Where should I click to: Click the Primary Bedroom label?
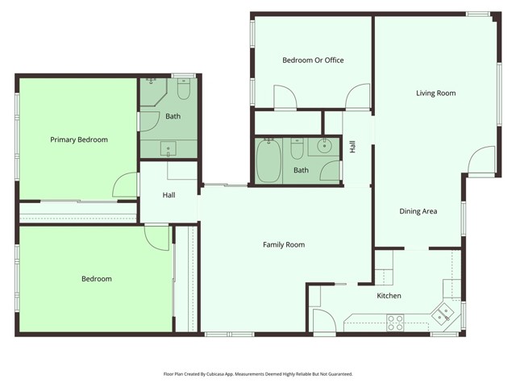point(79,139)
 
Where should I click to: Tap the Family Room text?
point(284,244)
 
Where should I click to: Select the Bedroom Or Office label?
point(313,60)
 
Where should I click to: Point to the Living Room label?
point(435,94)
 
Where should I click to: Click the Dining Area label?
point(418,211)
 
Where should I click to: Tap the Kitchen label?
point(389,296)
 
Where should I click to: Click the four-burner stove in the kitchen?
point(395,322)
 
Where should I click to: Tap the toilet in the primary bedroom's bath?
point(184,90)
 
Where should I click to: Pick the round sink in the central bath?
point(324,146)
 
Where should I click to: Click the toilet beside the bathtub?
point(297,149)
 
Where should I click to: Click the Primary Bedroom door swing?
point(126,185)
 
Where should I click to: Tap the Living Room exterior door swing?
point(481,160)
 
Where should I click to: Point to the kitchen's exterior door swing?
point(323,322)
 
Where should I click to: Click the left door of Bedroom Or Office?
point(285,98)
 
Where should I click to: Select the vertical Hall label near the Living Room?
point(352,147)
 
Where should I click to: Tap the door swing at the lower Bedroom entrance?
point(156,236)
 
